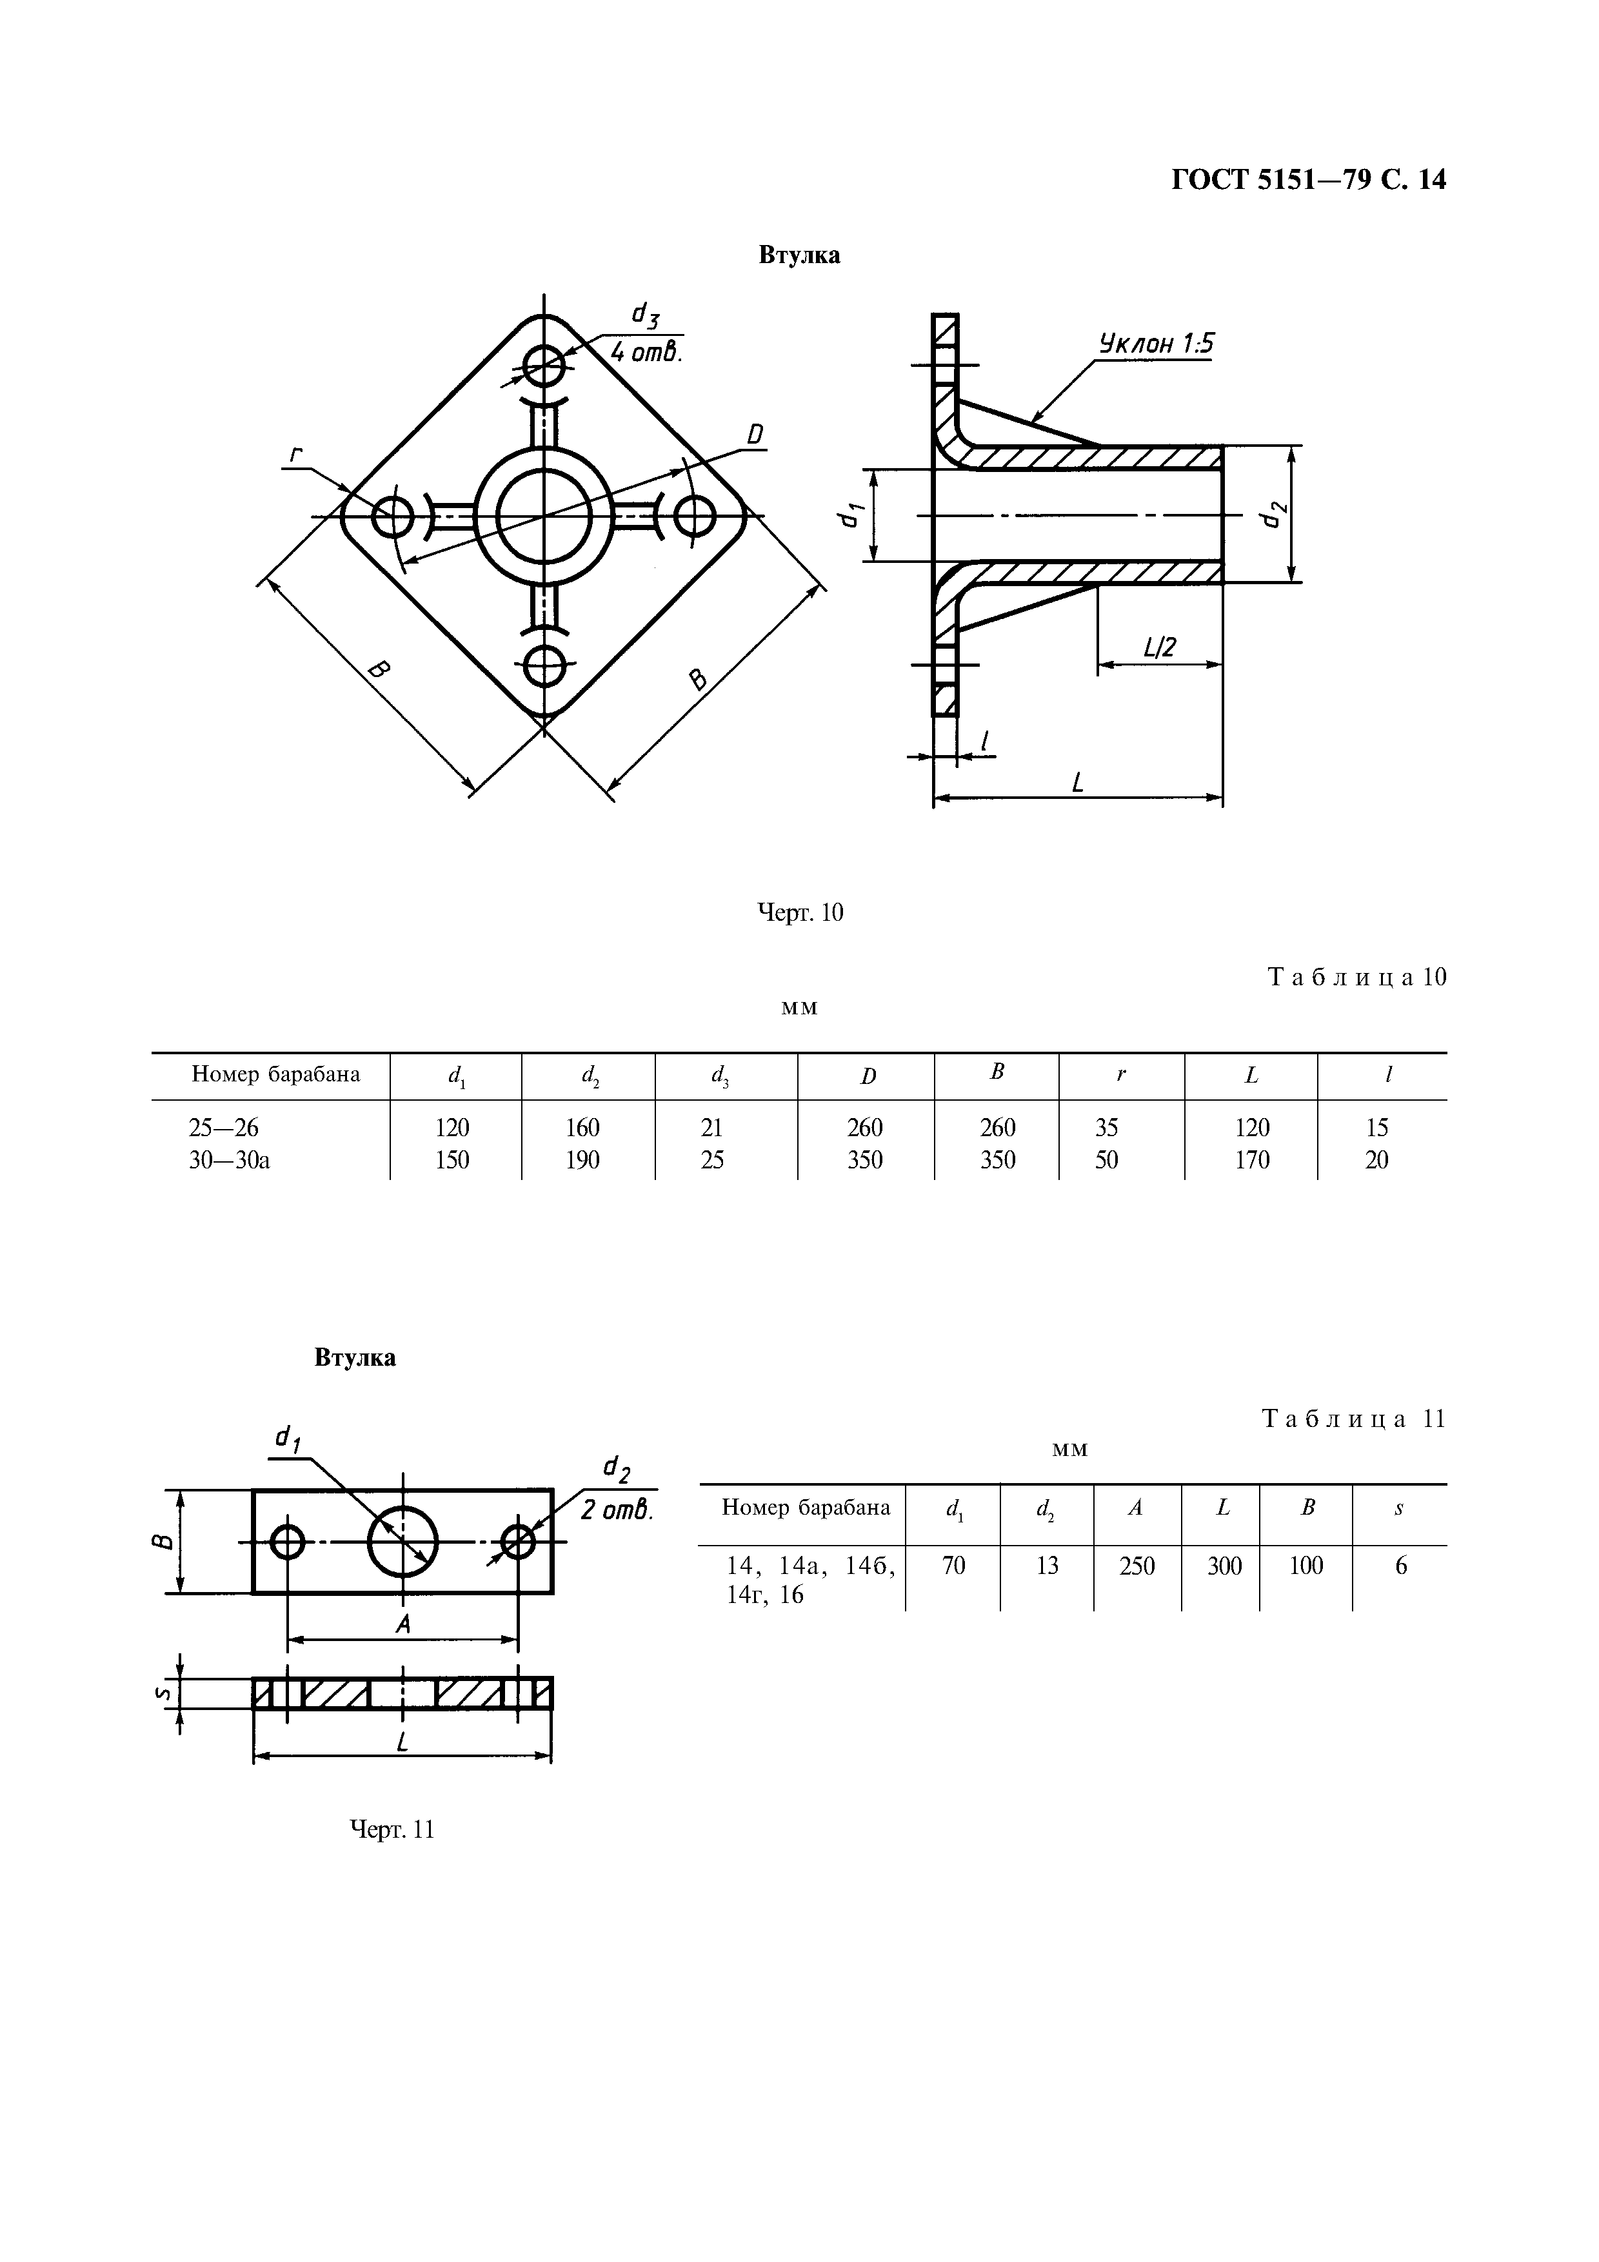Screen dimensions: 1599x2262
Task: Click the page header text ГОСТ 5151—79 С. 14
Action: pyautogui.click(x=1308, y=179)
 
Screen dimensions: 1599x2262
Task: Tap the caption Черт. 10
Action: pyautogui.click(x=800, y=912)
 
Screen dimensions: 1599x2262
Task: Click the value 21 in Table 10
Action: pyautogui.click(x=711, y=1127)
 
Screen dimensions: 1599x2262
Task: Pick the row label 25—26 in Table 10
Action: pyautogui.click(x=224, y=1127)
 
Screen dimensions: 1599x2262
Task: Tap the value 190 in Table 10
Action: pyautogui.click(x=582, y=1159)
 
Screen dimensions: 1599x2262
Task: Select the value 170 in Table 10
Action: pyautogui.click(x=1252, y=1159)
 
